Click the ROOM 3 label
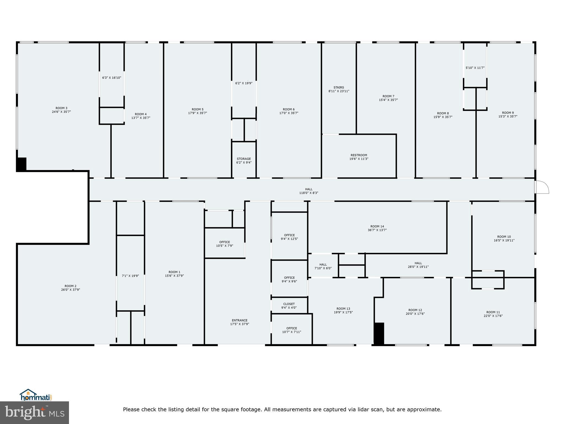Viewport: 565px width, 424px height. [x=61, y=110]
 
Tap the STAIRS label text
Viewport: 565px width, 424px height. [x=339, y=88]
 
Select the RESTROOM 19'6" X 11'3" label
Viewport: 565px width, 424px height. [x=359, y=157]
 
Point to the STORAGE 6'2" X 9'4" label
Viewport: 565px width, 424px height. [x=244, y=161]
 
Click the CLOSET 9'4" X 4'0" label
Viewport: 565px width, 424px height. [x=289, y=306]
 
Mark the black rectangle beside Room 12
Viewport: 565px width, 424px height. [x=379, y=333]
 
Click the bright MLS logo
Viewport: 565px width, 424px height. [x=34, y=412]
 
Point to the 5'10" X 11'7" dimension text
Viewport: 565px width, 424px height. [x=475, y=68]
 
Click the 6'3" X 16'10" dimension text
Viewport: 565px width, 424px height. [x=111, y=78]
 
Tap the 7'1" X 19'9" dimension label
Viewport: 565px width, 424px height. [x=130, y=276]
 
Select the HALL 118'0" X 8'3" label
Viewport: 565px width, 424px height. [x=309, y=191]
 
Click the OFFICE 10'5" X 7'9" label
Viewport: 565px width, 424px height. [x=225, y=244]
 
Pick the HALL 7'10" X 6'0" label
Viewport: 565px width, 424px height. [x=323, y=266]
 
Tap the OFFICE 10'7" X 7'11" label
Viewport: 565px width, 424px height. [x=292, y=330]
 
